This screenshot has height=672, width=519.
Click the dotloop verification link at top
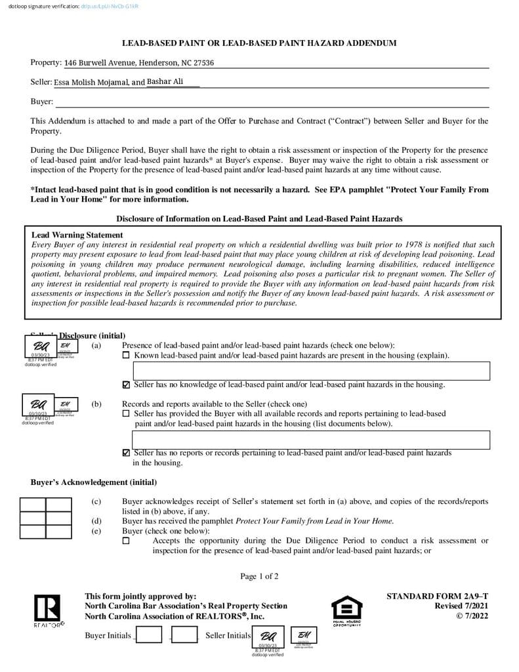point(110,7)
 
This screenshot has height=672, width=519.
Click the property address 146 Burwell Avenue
point(139,63)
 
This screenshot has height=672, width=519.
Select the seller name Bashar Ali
point(165,82)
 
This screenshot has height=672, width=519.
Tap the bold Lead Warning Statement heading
point(77,235)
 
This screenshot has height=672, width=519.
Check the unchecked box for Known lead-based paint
point(127,356)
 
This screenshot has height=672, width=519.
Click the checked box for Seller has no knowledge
point(127,385)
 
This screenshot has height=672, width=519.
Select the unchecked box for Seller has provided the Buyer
point(127,414)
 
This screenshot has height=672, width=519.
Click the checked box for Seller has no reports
point(127,453)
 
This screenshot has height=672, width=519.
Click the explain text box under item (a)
point(306,371)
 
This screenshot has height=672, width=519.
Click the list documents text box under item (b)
point(306,440)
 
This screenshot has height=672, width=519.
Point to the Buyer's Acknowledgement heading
point(94,482)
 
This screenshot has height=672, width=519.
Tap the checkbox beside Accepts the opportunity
point(127,541)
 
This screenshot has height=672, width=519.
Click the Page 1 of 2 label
point(259,577)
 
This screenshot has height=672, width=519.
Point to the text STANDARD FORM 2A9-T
point(437,597)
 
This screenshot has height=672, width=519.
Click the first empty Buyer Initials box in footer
point(149,635)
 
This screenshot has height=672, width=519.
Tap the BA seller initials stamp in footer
point(268,636)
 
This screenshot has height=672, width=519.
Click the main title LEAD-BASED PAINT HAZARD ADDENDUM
point(259,43)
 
